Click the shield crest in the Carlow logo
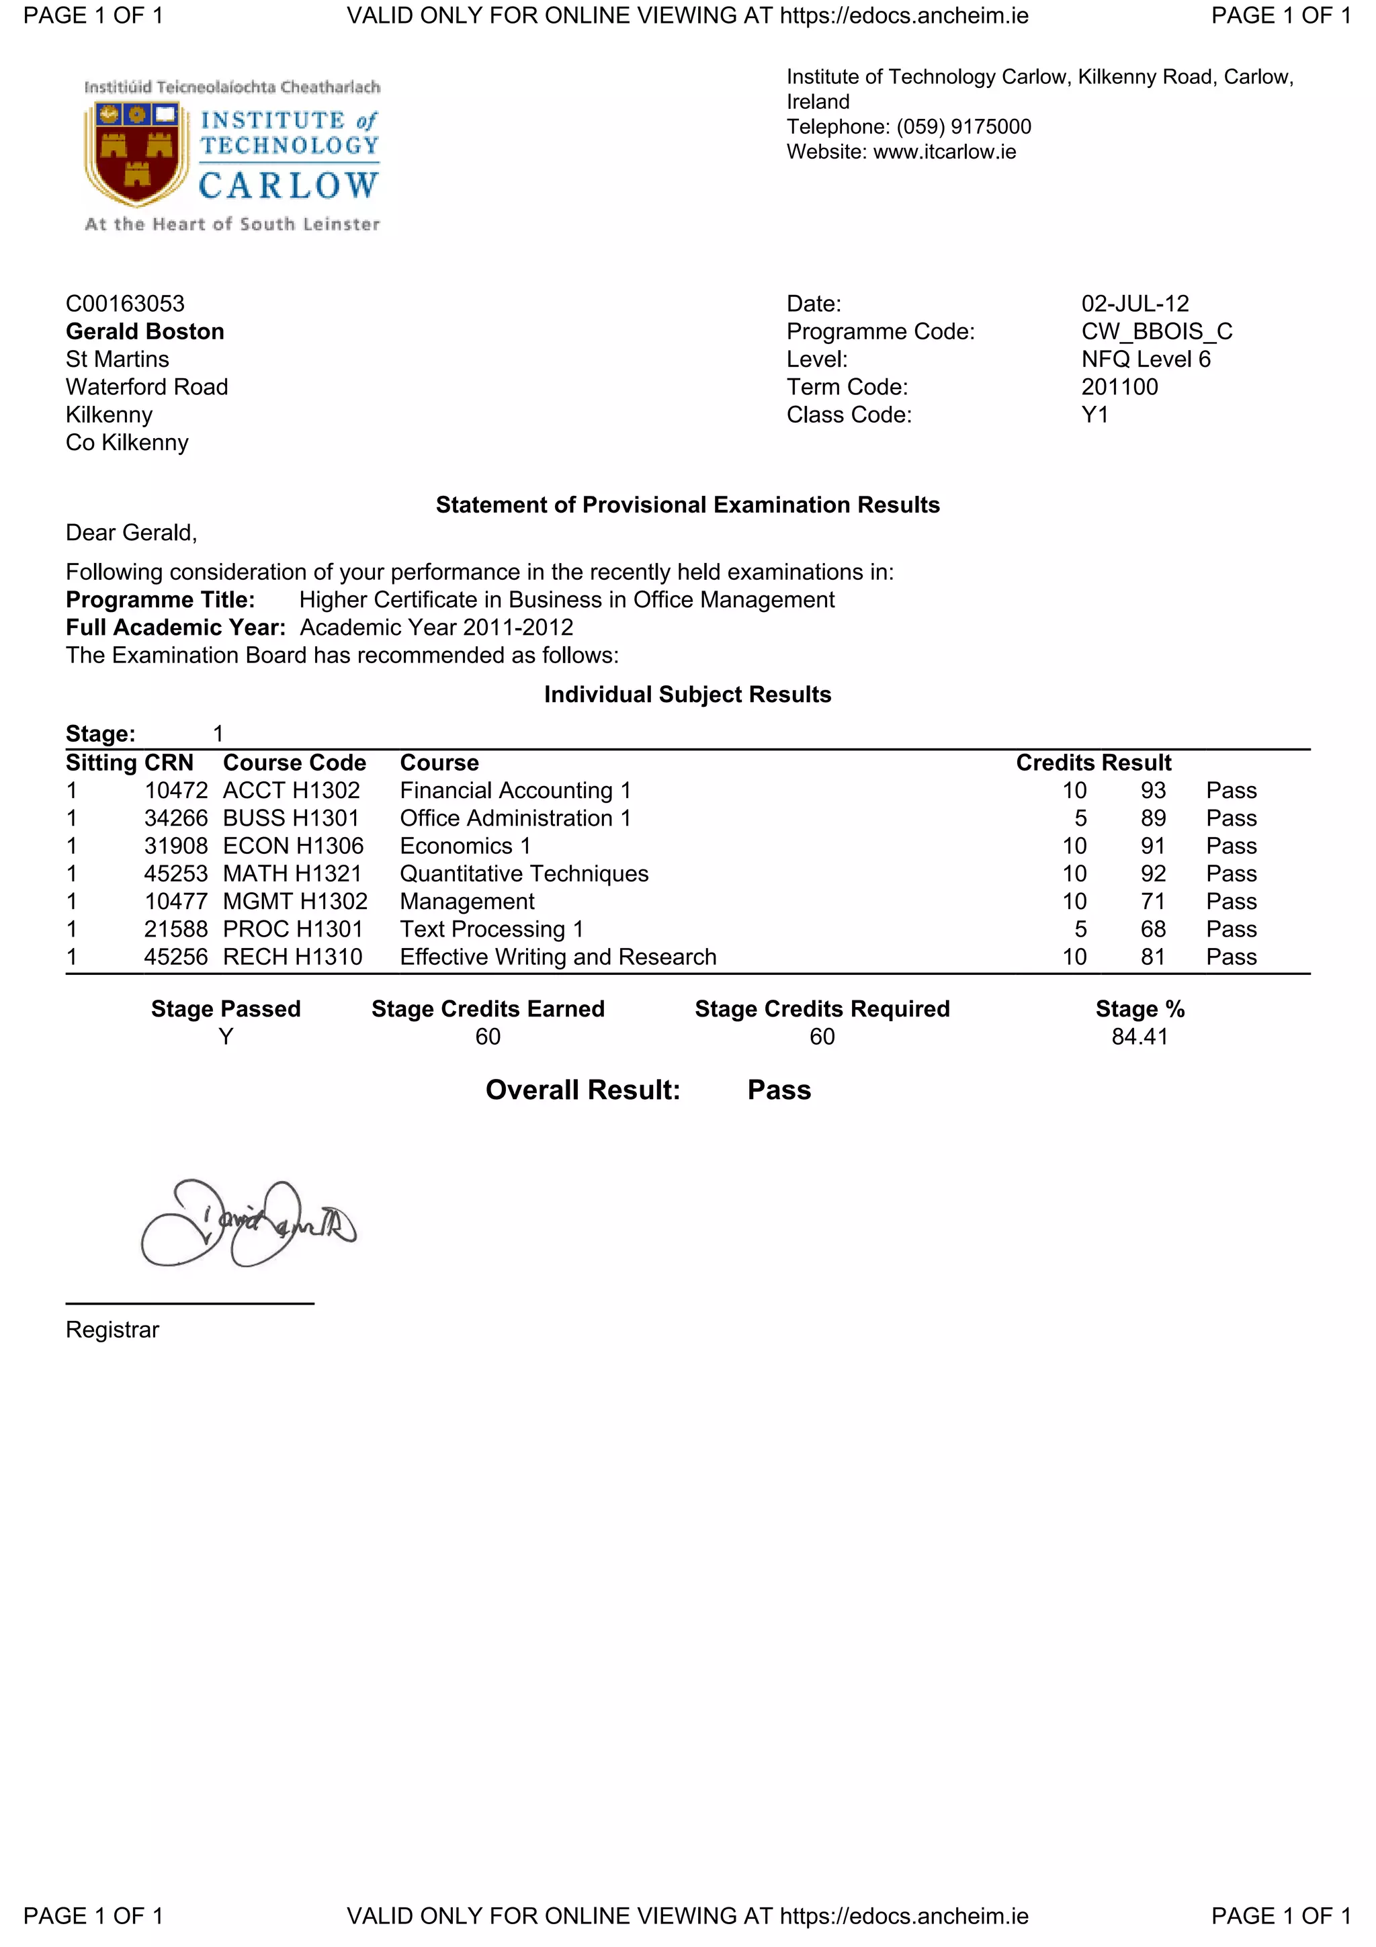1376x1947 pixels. [x=136, y=153]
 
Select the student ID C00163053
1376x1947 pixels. [x=124, y=304]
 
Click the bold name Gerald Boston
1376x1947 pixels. [x=145, y=332]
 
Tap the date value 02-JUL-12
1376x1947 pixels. [x=1134, y=304]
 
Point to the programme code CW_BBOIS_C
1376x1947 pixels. [x=1156, y=332]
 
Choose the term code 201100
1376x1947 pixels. [x=1119, y=387]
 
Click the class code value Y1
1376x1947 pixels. [x=1094, y=415]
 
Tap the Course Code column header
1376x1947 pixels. [x=294, y=763]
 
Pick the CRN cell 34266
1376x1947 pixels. [x=175, y=818]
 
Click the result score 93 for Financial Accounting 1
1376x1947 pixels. [x=1152, y=790]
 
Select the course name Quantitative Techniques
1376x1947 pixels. [x=524, y=873]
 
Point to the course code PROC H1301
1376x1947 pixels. [x=292, y=929]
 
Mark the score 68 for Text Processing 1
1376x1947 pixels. [x=1152, y=929]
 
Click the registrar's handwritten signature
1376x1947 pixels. [x=246, y=1223]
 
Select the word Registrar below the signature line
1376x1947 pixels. [x=112, y=1330]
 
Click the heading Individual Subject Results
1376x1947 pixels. [x=687, y=695]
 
